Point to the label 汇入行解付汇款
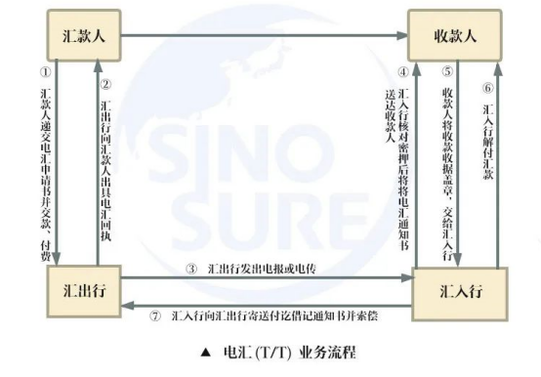click(x=487, y=136)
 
